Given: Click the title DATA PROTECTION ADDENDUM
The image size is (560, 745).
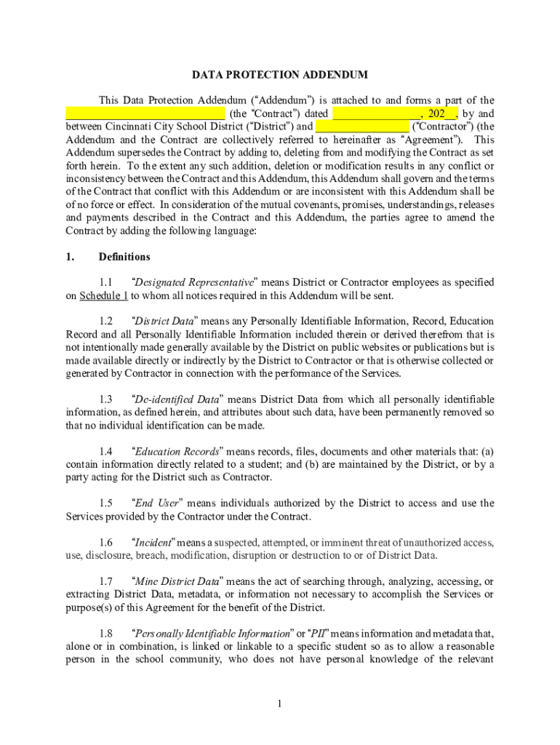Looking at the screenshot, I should point(280,75).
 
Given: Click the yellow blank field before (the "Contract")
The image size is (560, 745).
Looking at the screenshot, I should point(145,113).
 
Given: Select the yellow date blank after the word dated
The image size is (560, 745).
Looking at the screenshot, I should point(376,113).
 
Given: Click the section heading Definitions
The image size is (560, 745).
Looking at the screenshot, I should point(124,257).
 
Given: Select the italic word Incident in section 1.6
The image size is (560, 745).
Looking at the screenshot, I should point(153,543).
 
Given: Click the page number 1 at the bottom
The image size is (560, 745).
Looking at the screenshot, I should point(280,704).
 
